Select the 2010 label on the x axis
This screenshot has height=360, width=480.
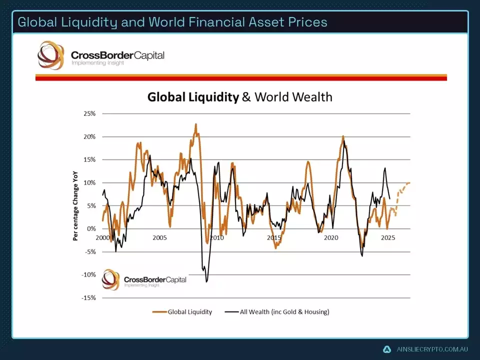[x=216, y=238]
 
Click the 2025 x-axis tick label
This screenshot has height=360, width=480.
[x=388, y=238]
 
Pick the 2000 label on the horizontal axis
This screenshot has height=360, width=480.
[x=102, y=238]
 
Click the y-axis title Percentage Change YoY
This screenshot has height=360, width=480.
[x=76, y=205]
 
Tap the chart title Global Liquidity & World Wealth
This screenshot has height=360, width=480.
[x=239, y=96]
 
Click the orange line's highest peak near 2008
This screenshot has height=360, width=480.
[x=196, y=124]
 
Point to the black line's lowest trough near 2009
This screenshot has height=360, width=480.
[x=206, y=281]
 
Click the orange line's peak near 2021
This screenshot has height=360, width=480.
[x=343, y=136]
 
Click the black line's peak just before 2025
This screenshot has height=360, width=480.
[x=385, y=168]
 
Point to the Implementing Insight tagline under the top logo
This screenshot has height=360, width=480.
[x=97, y=63]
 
